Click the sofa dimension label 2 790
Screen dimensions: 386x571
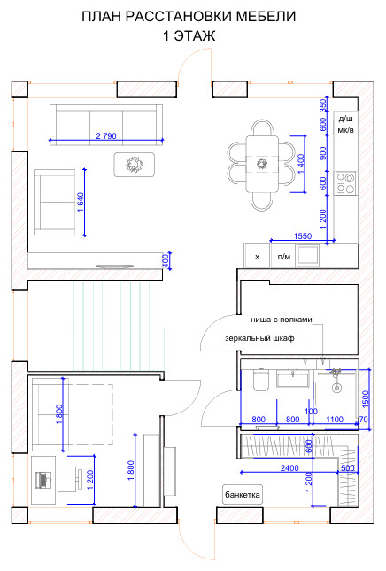(106, 135)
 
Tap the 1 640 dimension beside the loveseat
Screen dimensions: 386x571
(80, 202)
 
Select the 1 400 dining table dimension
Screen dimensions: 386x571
(301, 164)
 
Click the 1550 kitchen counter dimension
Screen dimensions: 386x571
(303, 236)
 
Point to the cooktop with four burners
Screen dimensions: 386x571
(345, 183)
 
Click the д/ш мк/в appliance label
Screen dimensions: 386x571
(345, 124)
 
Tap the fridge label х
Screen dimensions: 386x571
(257, 257)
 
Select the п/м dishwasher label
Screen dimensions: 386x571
(284, 257)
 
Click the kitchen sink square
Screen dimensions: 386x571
(308, 255)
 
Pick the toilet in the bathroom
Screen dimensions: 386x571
(260, 380)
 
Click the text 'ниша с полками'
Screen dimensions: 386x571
(282, 320)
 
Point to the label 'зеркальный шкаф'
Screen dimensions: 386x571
(259, 338)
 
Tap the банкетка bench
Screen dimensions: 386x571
(243, 495)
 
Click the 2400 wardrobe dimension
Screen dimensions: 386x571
(289, 468)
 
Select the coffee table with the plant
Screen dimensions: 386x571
(135, 165)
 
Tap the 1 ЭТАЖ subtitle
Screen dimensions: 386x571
(189, 35)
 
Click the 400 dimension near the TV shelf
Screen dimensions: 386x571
(165, 261)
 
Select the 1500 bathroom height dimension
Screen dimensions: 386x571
(366, 398)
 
